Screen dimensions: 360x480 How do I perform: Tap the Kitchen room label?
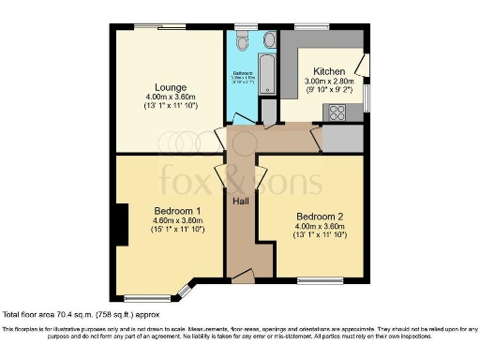coord(328,71)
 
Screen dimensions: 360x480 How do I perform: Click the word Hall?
coord(240,201)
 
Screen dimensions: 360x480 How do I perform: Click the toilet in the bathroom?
coord(242,43)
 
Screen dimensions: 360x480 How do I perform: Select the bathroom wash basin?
coord(268,40)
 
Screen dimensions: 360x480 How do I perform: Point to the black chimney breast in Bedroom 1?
coord(119,225)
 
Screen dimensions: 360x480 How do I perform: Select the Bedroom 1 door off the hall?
coord(221,176)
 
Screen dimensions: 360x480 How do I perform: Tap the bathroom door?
coord(243,117)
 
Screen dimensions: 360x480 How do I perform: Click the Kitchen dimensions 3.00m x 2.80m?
coord(328,82)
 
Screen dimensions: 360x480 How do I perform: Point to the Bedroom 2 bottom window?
coord(319,280)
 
